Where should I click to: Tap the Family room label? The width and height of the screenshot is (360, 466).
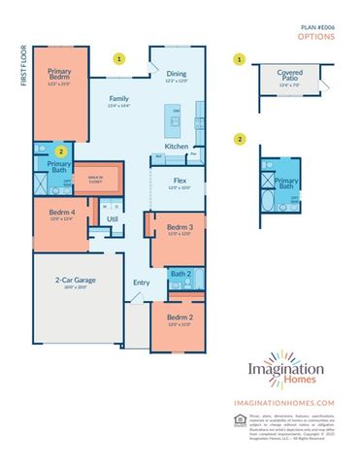pos(118,99)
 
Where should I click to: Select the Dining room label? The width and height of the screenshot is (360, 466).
pos(176,74)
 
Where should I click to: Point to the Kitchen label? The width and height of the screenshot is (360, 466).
pos(176,147)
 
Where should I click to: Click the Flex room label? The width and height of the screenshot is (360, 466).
pos(180,181)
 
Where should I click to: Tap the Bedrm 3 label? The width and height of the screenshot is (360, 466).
pos(179,227)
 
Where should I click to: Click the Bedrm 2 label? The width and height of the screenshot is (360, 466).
pos(179,318)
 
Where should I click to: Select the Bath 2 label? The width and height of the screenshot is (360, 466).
pos(179,274)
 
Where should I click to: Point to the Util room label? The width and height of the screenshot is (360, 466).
pos(112,219)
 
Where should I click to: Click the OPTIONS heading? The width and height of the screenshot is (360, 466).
pos(316,38)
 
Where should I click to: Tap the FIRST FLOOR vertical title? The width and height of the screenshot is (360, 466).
pos(21,65)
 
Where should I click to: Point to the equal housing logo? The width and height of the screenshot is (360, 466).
pos(239,419)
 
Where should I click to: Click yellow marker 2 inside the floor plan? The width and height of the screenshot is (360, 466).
pos(61,151)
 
